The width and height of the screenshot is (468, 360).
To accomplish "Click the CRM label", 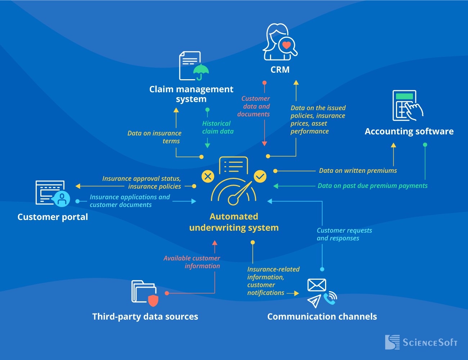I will click(x=280, y=69).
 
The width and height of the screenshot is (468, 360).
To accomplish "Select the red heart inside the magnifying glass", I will click(x=287, y=45).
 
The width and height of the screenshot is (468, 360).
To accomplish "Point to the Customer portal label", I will click(x=53, y=217).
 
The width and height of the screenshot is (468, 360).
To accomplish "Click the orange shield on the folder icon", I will click(x=153, y=300).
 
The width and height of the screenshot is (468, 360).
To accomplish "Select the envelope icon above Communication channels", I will click(x=316, y=285).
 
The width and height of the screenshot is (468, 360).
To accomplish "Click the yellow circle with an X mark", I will click(x=208, y=176).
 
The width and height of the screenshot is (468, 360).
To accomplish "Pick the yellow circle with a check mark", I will click(x=260, y=176).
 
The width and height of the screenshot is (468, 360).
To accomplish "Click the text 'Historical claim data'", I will click(x=217, y=127).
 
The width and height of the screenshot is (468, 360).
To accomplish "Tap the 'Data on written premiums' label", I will click(x=357, y=171).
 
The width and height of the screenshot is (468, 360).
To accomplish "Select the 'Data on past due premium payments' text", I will click(x=372, y=186).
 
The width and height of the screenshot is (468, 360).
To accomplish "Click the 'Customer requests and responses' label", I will click(x=344, y=234).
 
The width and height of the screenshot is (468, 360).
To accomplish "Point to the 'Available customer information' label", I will click(x=192, y=262).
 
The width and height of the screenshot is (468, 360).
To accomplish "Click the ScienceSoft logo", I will click(x=421, y=342).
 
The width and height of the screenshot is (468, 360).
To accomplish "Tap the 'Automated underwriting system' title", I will click(x=234, y=222).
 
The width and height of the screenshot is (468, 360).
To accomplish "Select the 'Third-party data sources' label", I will click(x=145, y=316).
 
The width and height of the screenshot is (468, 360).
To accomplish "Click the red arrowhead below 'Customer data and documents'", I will click(x=265, y=144).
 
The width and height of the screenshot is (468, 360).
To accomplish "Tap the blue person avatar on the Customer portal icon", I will click(x=62, y=198).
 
